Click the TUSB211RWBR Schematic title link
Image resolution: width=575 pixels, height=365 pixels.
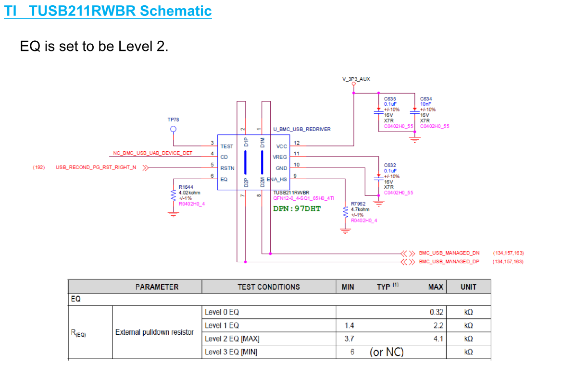coord(108,11)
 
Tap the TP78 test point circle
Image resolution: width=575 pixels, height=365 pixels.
coord(174,129)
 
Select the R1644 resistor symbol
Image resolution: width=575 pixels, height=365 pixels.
coord(173,195)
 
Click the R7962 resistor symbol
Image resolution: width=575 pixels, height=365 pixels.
coord(345,212)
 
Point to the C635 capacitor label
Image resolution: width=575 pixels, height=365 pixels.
coord(390,99)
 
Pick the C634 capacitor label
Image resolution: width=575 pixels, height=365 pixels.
coord(426,99)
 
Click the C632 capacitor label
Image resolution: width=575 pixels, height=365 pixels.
coord(390,165)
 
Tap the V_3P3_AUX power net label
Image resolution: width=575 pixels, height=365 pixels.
coord(356,79)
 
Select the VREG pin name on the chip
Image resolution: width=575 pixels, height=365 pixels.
coord(280,157)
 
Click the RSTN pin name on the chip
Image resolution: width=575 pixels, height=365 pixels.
coord(227,168)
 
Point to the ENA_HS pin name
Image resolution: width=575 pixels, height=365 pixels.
coord(277,179)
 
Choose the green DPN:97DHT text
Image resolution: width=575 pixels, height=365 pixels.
coord(297,208)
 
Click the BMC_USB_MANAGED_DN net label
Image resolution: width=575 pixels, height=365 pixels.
coord(449,253)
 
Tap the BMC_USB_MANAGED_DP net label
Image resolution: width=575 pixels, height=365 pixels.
coord(449,262)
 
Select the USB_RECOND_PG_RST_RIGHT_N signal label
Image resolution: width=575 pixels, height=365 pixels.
coord(96,168)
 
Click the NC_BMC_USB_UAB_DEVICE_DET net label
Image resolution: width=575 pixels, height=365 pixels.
coord(152,153)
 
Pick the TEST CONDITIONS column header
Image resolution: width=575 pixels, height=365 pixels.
coord(269,287)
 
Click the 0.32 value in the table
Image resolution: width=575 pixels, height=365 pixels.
coord(437,312)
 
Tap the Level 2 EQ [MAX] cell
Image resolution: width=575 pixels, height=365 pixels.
coord(232,339)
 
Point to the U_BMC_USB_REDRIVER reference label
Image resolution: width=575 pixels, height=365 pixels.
coord(302,129)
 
